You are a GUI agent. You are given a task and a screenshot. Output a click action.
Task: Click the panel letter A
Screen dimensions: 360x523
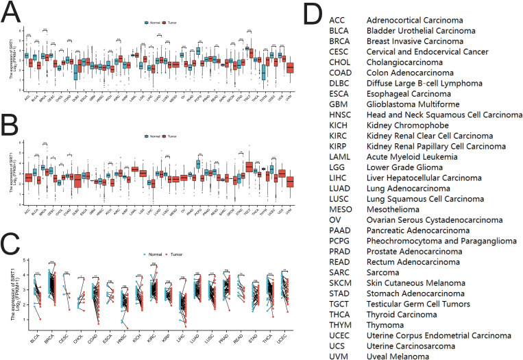[12, 11]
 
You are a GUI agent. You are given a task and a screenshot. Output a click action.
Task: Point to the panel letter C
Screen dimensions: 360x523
[12, 241]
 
